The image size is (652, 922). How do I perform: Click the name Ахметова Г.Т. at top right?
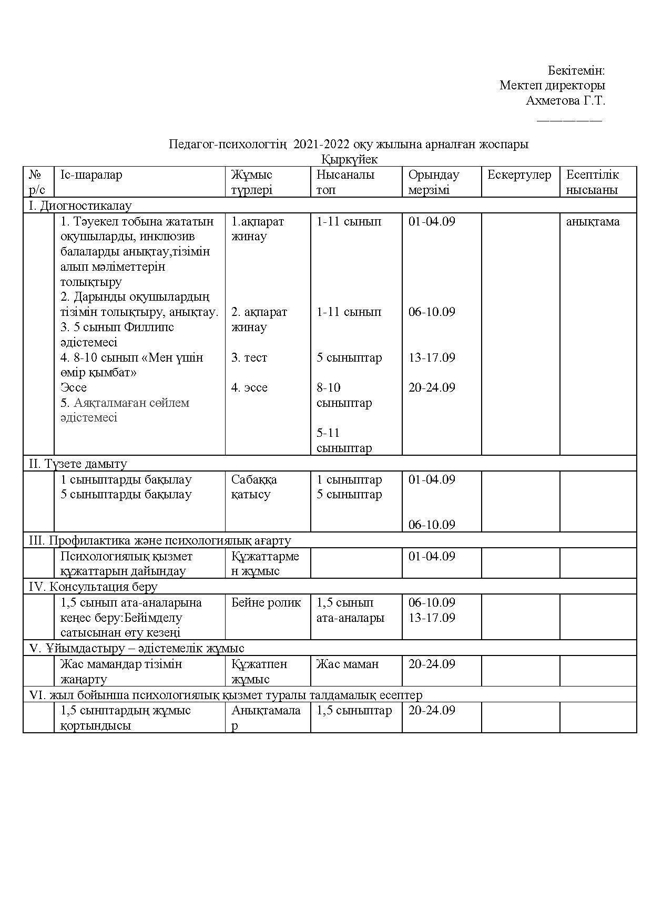tap(565, 100)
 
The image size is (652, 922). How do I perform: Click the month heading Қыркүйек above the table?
tap(349, 159)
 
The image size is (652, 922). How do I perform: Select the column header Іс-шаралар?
tap(91, 175)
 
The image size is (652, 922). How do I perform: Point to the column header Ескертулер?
tap(519, 175)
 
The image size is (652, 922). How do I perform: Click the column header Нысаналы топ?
tap(345, 182)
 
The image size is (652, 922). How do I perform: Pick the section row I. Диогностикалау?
tap(80, 206)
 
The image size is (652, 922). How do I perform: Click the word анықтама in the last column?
tap(593, 221)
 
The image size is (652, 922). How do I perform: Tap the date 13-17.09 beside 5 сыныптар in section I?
tap(432, 357)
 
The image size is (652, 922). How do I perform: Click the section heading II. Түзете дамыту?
tap(78, 464)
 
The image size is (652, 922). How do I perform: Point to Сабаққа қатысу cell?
tap(254, 487)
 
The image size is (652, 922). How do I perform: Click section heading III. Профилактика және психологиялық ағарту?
tap(159, 540)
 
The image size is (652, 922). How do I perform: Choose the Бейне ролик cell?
tap(266, 602)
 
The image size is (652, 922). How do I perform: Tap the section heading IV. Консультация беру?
tap(93, 587)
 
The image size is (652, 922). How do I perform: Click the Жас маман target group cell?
tap(347, 664)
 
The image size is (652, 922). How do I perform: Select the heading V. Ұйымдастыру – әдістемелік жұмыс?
tap(137, 648)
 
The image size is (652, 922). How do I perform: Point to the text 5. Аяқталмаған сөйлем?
tap(125, 403)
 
